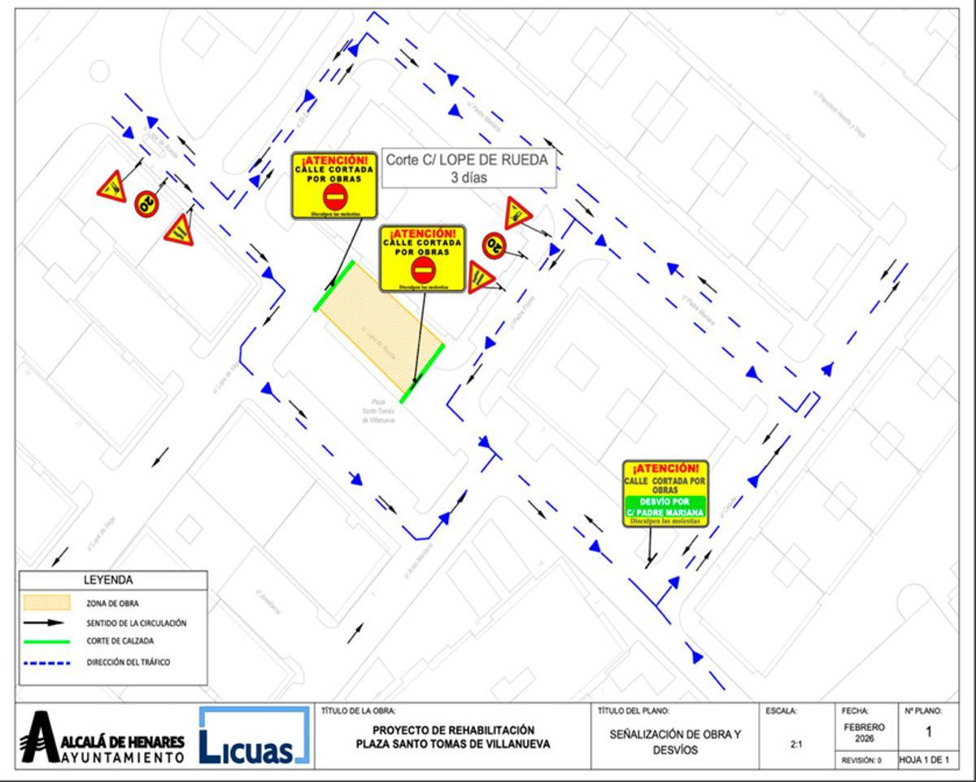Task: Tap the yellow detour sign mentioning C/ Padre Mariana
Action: tap(665, 493)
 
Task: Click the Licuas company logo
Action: tap(255, 736)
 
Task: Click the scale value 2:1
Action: tap(797, 743)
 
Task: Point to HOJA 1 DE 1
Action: tap(923, 760)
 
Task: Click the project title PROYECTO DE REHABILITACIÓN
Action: tap(453, 730)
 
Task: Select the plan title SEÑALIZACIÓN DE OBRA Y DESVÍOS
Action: tap(675, 742)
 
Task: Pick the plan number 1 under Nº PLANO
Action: tap(928, 732)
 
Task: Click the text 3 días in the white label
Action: tap(468, 177)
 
